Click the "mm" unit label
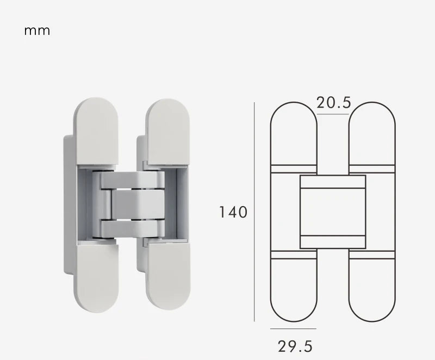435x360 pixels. (37, 30)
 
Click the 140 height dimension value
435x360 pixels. (233, 212)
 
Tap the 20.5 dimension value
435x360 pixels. (334, 102)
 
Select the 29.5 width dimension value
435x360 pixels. (295, 346)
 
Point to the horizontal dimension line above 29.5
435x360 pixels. (293, 329)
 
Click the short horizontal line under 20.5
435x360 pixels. (333, 114)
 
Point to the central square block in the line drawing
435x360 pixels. (333, 212)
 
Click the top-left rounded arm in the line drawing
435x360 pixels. (294, 133)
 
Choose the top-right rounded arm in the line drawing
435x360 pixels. (372, 133)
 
